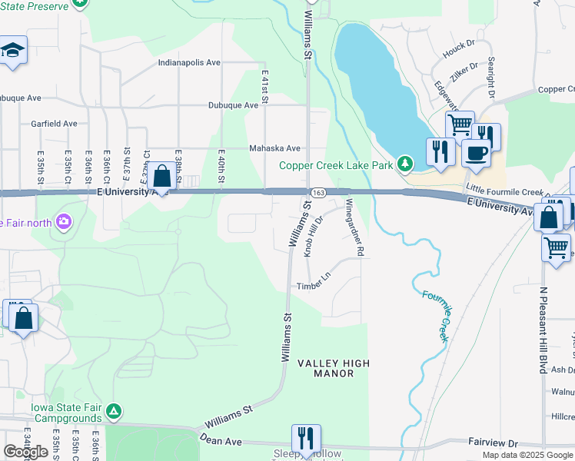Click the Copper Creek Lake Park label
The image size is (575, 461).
335,164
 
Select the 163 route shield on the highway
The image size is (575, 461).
319,192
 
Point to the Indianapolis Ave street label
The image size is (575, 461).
189,62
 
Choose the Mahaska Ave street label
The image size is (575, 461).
274,148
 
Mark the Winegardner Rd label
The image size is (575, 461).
354,227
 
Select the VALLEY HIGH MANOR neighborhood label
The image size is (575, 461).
334,368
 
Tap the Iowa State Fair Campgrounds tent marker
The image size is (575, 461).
114,412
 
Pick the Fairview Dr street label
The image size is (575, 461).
494,443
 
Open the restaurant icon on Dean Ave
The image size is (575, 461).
306,439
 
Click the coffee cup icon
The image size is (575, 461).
476,152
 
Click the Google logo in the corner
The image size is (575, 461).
25,452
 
